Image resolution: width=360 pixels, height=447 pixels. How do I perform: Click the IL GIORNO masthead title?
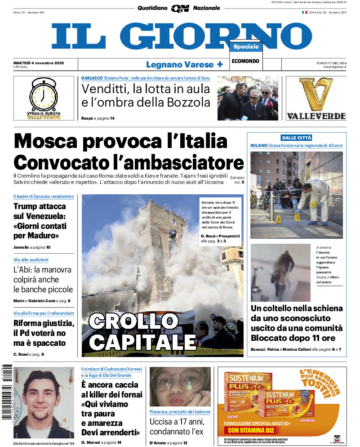(x=182, y=36)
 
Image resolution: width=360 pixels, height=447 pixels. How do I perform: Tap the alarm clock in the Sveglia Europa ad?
(x=44, y=95)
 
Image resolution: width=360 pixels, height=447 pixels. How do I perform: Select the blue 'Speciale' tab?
(x=246, y=47)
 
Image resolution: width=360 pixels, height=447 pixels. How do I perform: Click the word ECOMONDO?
(x=245, y=61)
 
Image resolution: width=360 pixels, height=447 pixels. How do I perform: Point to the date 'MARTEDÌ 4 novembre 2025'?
(x=39, y=63)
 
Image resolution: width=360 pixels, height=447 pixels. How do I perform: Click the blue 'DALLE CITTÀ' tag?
(x=296, y=138)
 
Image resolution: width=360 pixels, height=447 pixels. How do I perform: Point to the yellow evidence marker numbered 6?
(x=297, y=217)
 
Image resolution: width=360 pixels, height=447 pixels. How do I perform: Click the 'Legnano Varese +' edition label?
(x=184, y=64)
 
